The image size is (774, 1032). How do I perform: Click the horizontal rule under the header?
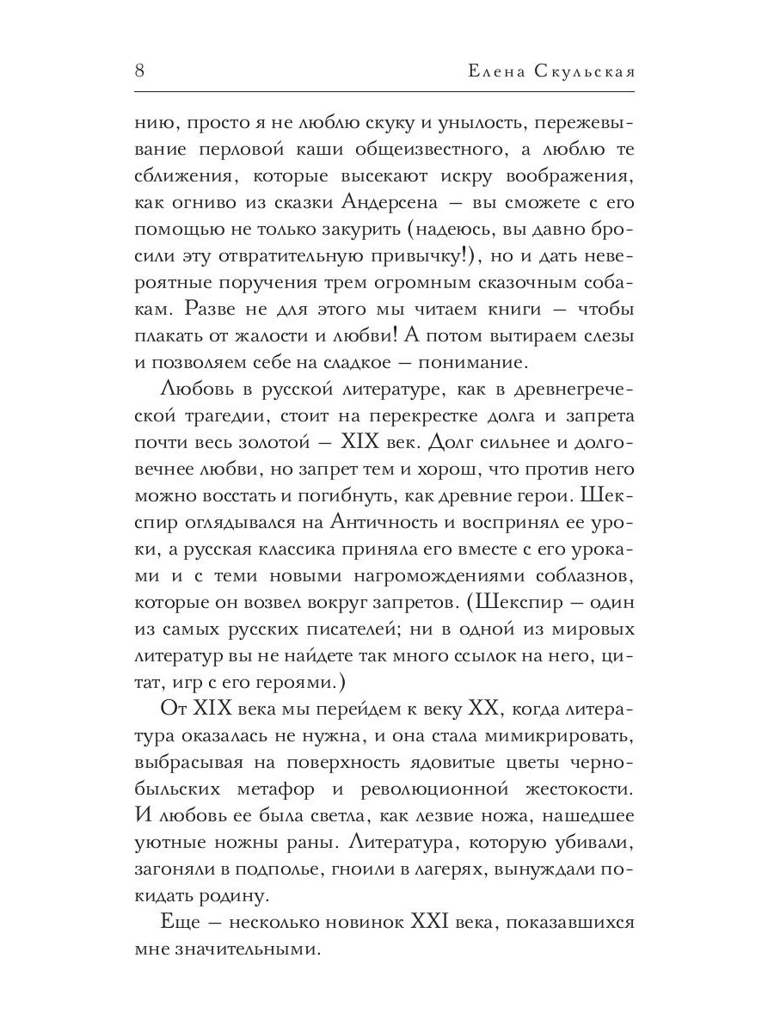[x=386, y=91]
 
